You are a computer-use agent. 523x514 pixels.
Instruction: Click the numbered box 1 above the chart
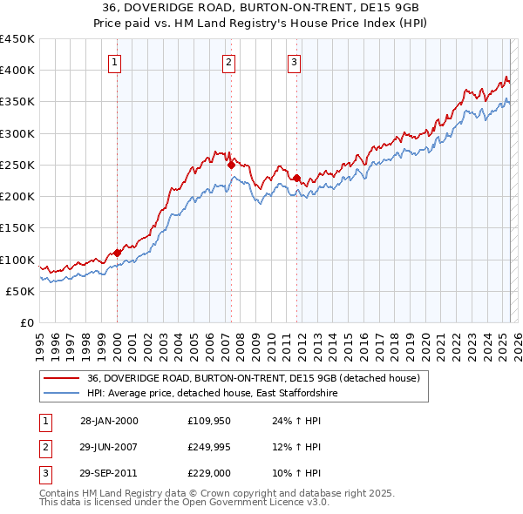pyautogui.click(x=116, y=62)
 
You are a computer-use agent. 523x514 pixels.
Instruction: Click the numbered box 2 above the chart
pyautogui.click(x=228, y=62)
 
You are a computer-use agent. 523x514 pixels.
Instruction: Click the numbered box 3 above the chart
pyautogui.click(x=295, y=62)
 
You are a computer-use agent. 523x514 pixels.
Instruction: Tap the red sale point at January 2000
pyautogui.click(x=117, y=253)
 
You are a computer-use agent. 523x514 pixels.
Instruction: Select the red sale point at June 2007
pyautogui.click(x=231, y=165)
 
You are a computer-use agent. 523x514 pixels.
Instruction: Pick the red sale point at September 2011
pyautogui.click(x=297, y=178)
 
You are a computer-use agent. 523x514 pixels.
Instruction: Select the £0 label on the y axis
pyautogui.click(x=26, y=323)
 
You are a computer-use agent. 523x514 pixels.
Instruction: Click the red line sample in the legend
pyautogui.click(x=60, y=378)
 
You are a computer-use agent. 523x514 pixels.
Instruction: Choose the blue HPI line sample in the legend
pyautogui.click(x=60, y=393)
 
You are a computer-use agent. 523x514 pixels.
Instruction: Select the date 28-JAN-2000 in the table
pyautogui.click(x=109, y=421)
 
